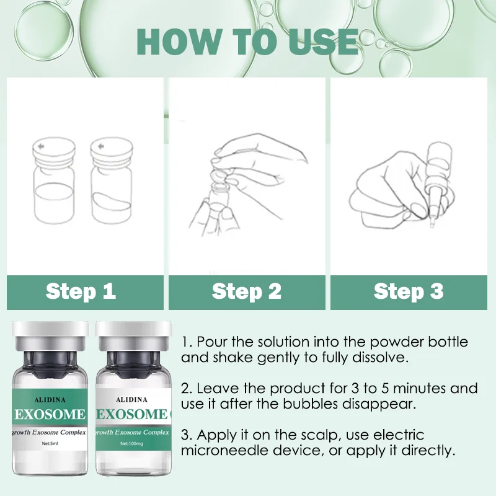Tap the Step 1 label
pos(81,291)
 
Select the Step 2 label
pos(247,291)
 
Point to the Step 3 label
pos(409,291)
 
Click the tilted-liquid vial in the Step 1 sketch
pos(112,180)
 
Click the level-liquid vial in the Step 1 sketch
pos(54,180)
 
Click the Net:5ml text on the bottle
pos(50,443)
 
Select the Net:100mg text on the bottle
pos(131,443)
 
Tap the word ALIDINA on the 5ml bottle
pos(50,400)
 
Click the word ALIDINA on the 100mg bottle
pos(131,400)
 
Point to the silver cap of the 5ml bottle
pos(50,336)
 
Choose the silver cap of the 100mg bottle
pos(133,336)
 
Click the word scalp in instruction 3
pos(319,436)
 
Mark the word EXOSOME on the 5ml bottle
pos(50,414)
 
